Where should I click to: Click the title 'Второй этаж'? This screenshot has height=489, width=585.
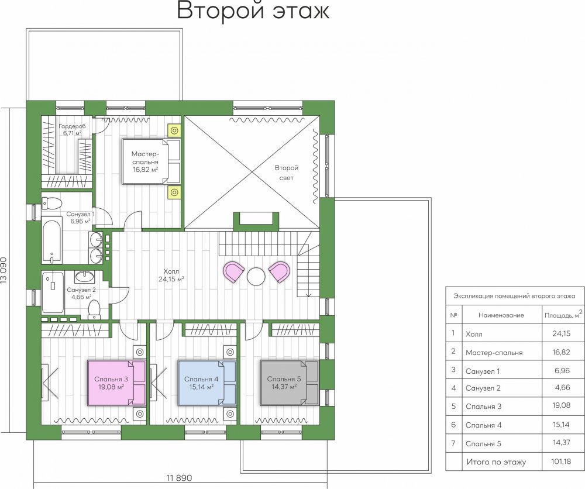pyautogui.click(x=253, y=11)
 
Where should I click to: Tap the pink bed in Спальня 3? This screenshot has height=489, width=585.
pyautogui.click(x=116, y=383)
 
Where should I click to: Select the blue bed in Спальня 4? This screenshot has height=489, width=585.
pyautogui.click(x=207, y=383)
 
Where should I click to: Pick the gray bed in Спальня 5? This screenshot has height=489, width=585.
pyautogui.click(x=290, y=383)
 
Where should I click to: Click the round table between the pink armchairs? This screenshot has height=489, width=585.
pyautogui.click(x=256, y=277)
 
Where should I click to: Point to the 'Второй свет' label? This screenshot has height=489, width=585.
pyautogui.click(x=287, y=173)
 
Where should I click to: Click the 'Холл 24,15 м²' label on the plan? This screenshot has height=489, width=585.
pyautogui.click(x=171, y=275)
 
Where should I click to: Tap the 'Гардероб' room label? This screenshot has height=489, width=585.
pyautogui.click(x=72, y=126)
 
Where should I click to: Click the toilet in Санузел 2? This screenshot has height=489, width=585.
pyautogui.click(x=94, y=311)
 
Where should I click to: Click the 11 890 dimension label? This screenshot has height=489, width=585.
pyautogui.click(x=179, y=478)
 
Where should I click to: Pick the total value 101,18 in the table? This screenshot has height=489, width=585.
pyautogui.click(x=561, y=462)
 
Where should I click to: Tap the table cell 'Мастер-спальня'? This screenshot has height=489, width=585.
pyautogui.click(x=494, y=353)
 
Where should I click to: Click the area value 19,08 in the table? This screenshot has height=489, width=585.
pyautogui.click(x=562, y=405)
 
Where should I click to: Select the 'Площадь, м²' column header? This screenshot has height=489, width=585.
pyautogui.click(x=563, y=315)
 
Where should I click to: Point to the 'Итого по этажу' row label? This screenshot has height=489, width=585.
pyautogui.click(x=496, y=462)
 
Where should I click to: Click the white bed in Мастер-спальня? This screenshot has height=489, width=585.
pyautogui.click(x=151, y=161)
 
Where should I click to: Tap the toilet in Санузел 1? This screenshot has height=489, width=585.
pyautogui.click(x=51, y=204)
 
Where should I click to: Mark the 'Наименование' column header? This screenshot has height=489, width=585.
pyautogui.click(x=501, y=315)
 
